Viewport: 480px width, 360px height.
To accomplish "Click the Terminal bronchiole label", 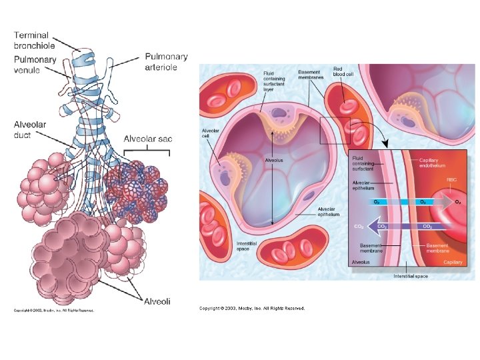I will [35, 40].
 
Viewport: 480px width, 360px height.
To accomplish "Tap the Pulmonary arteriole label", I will [166, 62].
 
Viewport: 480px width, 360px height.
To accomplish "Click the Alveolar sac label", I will [147, 139].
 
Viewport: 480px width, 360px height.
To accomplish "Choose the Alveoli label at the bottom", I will [157, 301].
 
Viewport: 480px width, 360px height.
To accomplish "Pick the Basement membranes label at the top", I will [309, 75].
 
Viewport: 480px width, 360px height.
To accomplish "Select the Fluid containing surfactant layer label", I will [274, 81].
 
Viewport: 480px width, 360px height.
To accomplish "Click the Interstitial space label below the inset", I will [411, 276].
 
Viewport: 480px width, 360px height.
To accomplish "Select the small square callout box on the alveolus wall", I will [335, 130].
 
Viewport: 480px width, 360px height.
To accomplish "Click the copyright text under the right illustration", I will [252, 308].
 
